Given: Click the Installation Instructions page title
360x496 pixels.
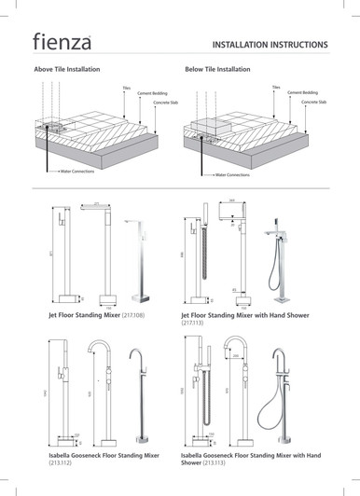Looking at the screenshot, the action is pos(270,44).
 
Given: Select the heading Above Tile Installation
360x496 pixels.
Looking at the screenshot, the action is pos(70,69).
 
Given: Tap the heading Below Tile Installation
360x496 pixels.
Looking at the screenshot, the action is pos(219,69).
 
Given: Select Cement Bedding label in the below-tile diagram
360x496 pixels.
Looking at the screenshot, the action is pos(304,93).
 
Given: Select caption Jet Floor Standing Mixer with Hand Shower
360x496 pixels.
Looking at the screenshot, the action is pos(254,320).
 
